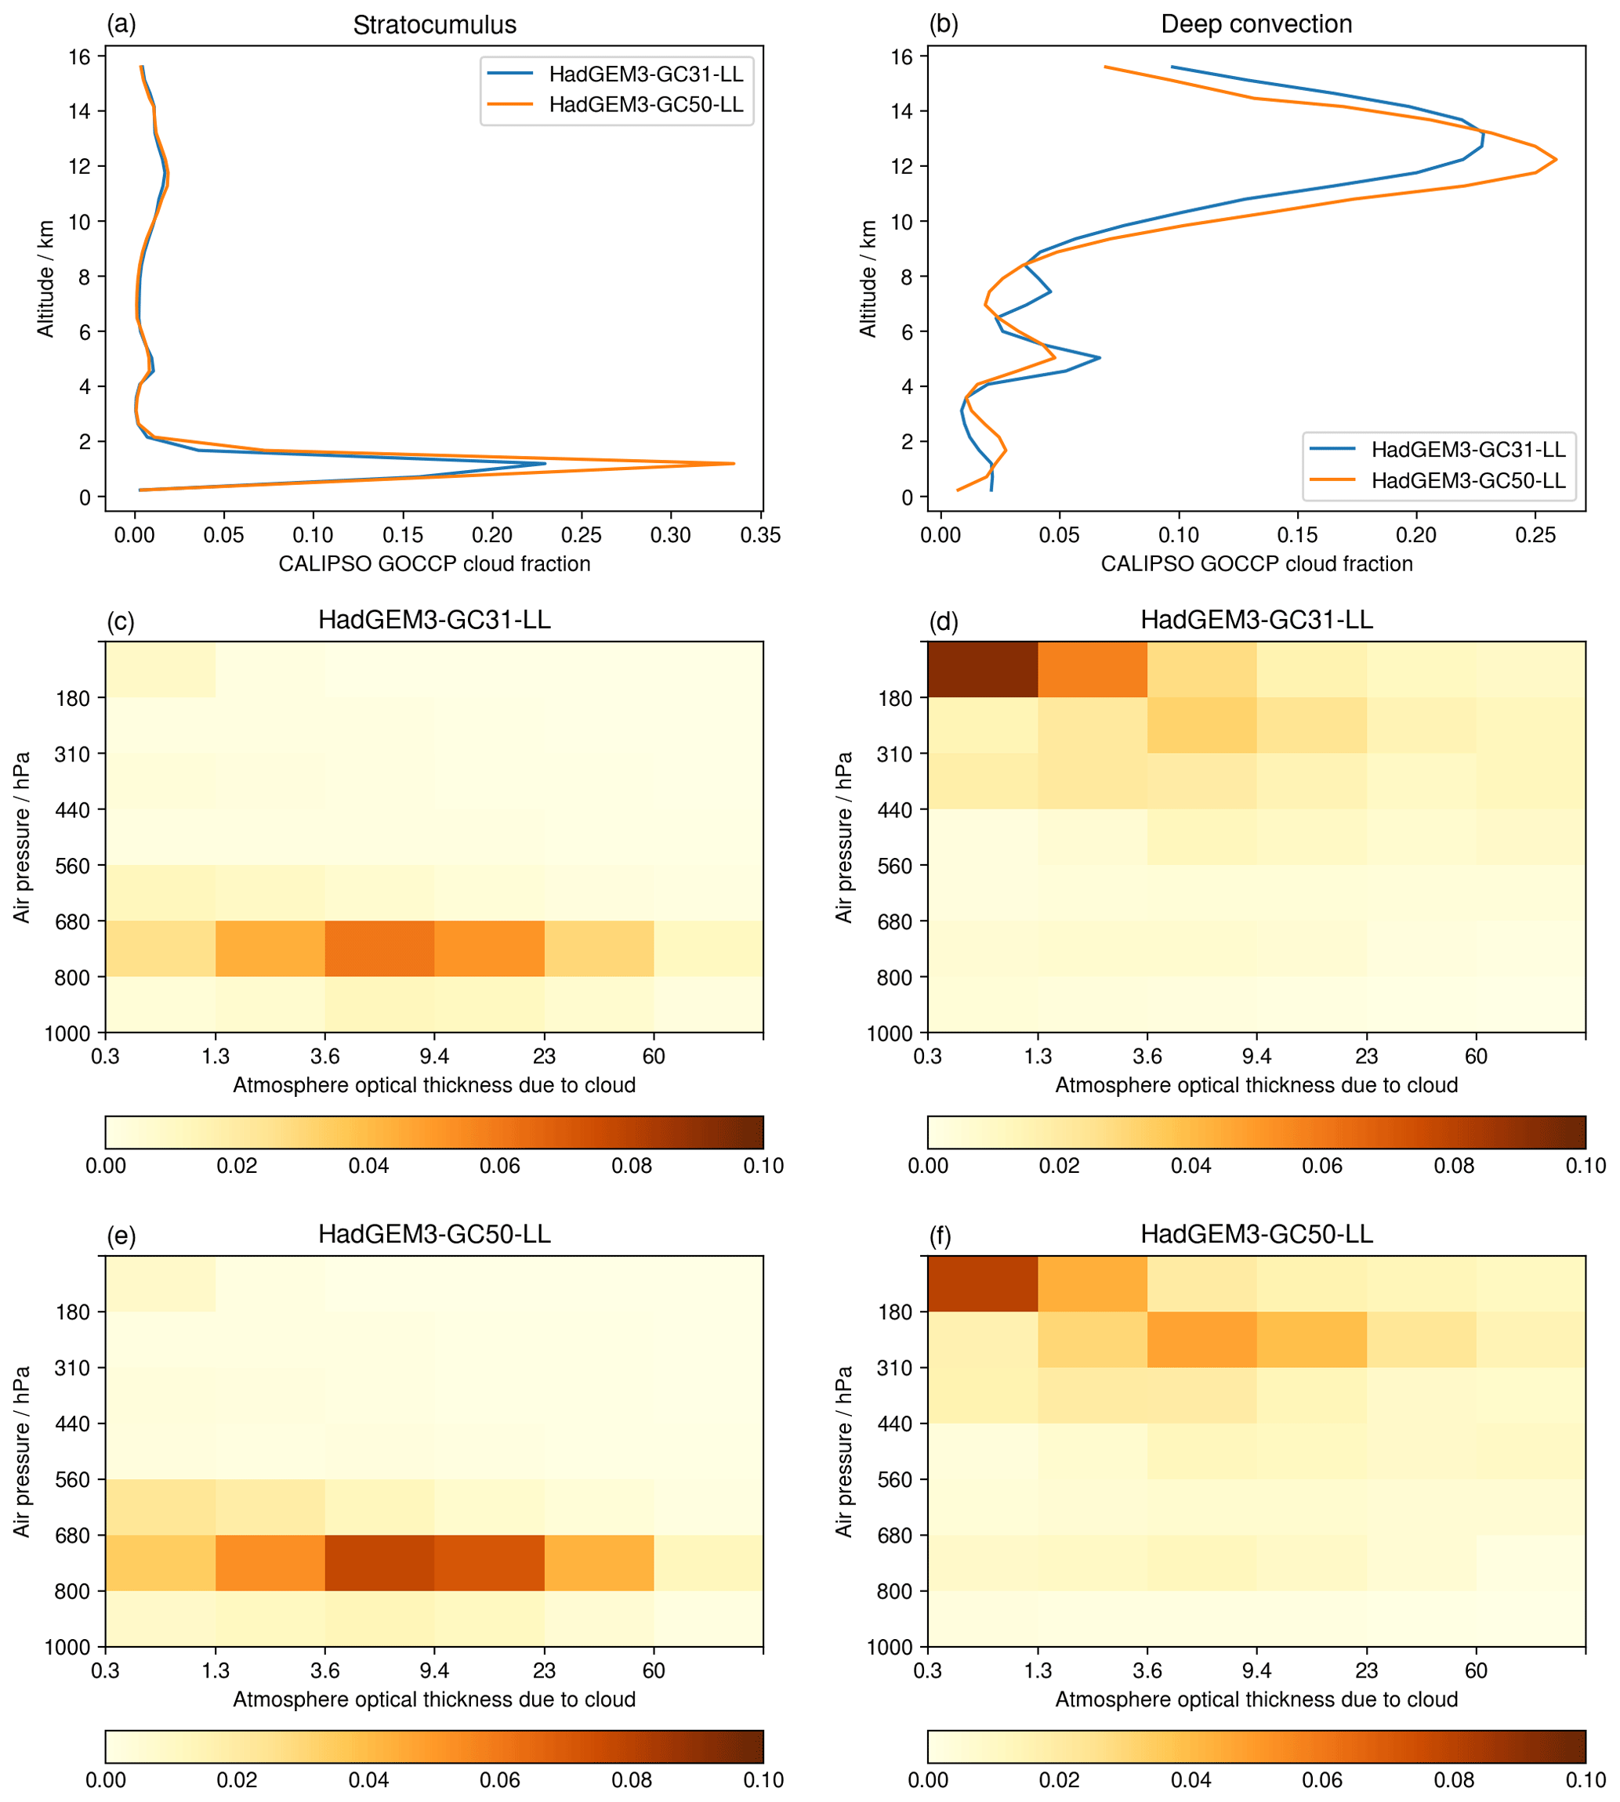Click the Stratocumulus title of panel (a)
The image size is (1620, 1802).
click(434, 25)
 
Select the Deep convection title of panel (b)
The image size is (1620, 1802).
click(1256, 24)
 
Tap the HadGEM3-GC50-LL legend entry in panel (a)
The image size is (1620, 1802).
click(645, 105)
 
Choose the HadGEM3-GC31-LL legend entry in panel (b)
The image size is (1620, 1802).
click(1468, 450)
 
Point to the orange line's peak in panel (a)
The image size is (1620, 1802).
click(734, 464)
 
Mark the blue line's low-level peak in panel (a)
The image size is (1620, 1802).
click(545, 464)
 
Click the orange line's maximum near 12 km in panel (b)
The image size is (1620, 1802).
click(1555, 160)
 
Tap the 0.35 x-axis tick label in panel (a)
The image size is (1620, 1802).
click(761, 536)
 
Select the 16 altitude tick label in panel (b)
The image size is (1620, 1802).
click(901, 57)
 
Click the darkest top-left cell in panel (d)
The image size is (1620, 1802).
click(983, 669)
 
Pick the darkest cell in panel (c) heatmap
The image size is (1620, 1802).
click(379, 949)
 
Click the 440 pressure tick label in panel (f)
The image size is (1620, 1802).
click(896, 1424)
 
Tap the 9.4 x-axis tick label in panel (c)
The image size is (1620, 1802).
click(434, 1056)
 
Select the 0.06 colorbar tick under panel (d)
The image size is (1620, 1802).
click(1322, 1166)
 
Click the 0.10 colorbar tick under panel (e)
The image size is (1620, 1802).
click(763, 1780)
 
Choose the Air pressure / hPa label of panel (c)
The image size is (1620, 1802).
click(22, 838)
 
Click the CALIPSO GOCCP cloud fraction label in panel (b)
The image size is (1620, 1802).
click(1256, 564)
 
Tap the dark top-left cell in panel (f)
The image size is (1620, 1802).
click(983, 1283)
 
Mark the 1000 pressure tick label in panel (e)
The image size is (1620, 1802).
click(67, 1647)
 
